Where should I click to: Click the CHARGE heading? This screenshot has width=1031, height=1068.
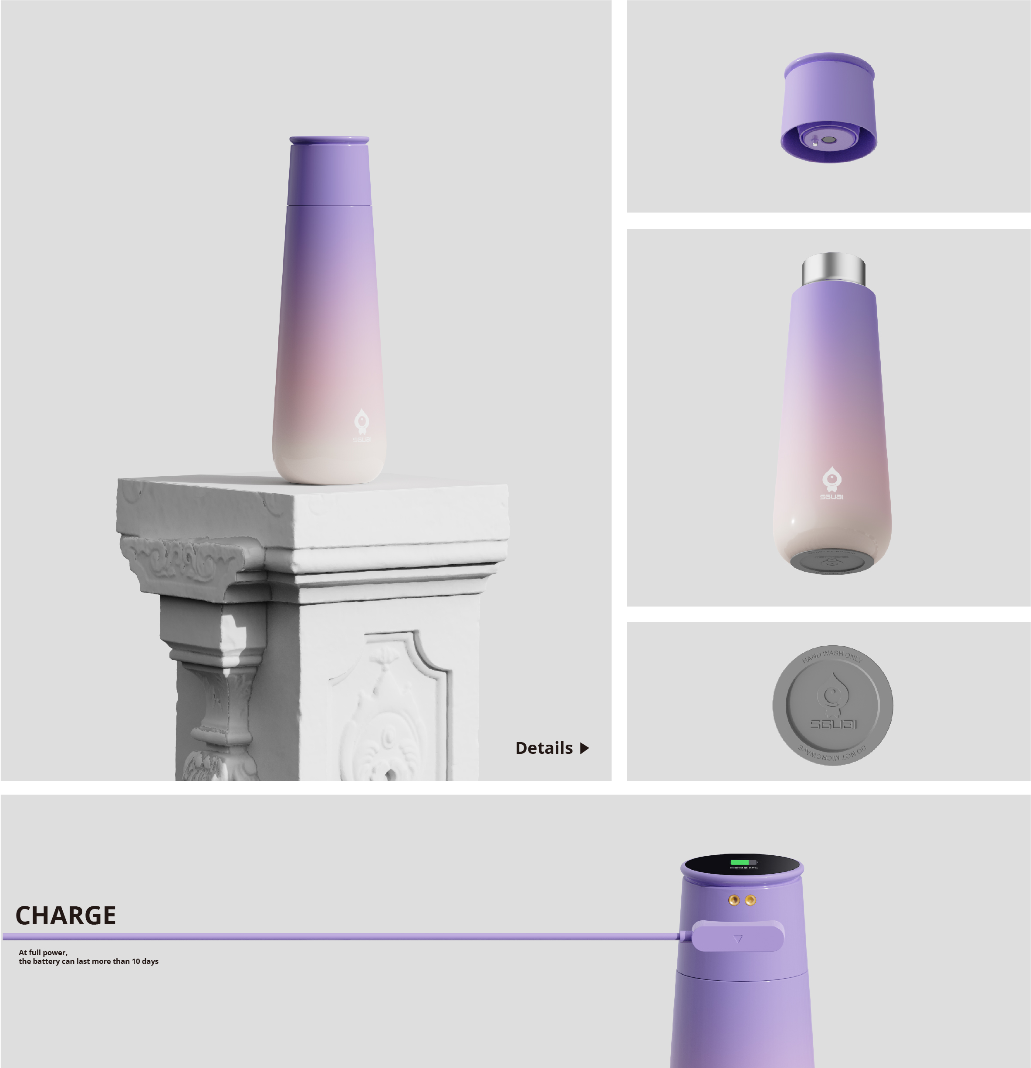coord(65,915)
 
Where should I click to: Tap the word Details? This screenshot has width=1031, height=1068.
coord(544,748)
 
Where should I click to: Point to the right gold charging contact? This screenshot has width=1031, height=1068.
coord(750,900)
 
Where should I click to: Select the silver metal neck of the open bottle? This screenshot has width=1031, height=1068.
coord(833,269)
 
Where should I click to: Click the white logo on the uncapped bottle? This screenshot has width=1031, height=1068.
coord(832,483)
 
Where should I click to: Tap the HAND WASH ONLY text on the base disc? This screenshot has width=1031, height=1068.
coord(832,655)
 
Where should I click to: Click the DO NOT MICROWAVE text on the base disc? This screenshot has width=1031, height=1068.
coord(832,755)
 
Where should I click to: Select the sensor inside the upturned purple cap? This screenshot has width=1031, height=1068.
coord(828,139)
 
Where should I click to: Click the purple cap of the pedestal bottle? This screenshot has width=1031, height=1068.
coord(329,172)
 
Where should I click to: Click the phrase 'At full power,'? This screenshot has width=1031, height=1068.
coord(43,953)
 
